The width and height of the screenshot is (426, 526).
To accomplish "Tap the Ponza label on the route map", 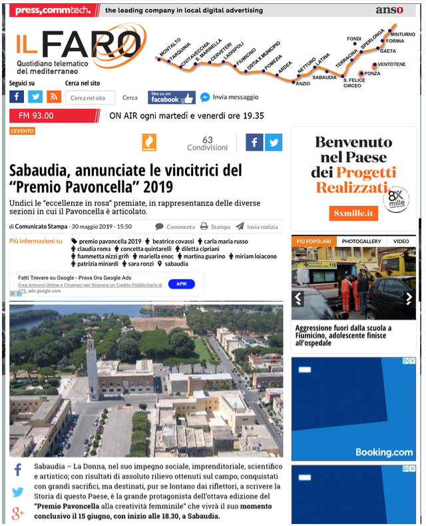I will (x=372, y=73).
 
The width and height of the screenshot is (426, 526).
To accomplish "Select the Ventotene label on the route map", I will (x=391, y=64).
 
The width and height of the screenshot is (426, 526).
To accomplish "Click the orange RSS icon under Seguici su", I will (x=54, y=97).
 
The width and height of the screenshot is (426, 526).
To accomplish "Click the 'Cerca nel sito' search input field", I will (x=90, y=98).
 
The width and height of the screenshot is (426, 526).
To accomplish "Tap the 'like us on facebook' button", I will (x=171, y=97).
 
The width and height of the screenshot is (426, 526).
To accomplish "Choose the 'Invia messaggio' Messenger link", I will (x=230, y=97).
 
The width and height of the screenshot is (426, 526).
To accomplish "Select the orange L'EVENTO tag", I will (x=22, y=131).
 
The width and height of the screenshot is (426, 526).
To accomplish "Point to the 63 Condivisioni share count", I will (x=207, y=143).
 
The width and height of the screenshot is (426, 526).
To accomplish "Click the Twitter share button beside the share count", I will (x=274, y=142).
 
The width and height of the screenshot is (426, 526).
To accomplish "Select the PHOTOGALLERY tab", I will (x=362, y=241).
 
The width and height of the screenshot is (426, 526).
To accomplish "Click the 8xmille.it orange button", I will (x=353, y=213).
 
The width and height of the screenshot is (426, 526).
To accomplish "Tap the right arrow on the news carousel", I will (x=409, y=298).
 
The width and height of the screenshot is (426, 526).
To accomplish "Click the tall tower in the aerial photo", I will (x=93, y=362).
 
